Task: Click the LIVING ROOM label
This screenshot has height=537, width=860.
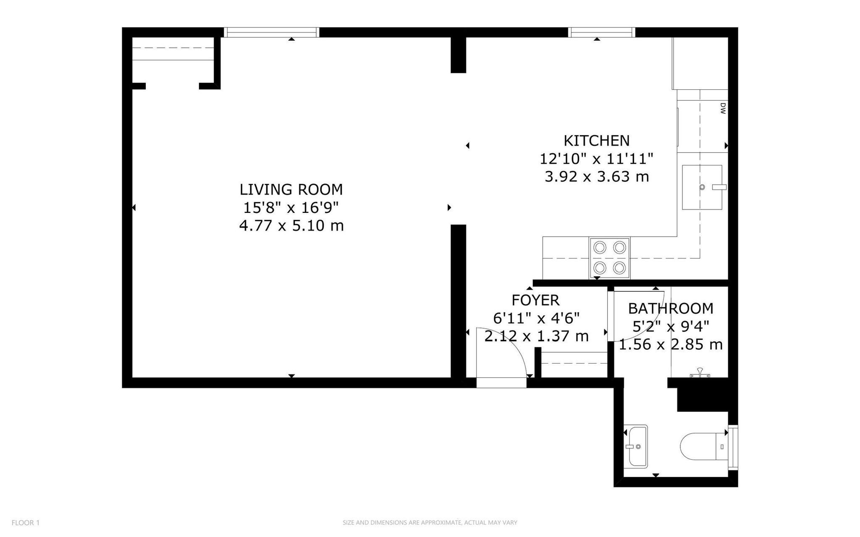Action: pos(291,189)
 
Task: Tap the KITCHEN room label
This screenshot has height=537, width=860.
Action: pos(596,140)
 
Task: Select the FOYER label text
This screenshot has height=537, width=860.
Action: pos(535,300)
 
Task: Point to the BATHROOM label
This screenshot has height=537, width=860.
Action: pos(671,309)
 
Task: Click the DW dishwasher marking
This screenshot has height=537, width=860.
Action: pos(723,109)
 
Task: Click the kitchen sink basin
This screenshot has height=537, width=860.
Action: pos(703,187)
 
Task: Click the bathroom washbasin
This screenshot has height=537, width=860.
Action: pos(636,446)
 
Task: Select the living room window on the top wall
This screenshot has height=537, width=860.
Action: pos(271,32)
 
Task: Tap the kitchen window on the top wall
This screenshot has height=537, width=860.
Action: pos(602,32)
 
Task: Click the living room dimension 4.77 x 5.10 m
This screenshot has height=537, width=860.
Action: pos(291,226)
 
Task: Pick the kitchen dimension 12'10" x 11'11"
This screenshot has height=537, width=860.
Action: pos(596,159)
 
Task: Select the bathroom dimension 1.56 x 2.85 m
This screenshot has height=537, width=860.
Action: pos(671,345)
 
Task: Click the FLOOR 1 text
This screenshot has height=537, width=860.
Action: pos(26,523)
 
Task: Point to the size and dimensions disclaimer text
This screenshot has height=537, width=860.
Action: pos(430,523)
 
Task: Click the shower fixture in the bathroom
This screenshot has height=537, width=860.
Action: pos(700,374)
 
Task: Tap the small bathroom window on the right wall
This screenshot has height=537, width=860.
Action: pos(733,447)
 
